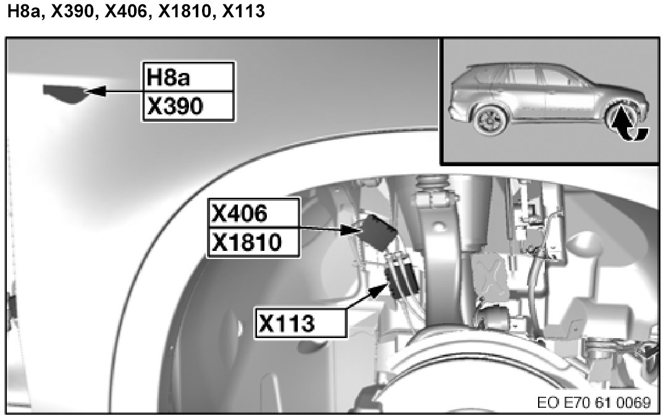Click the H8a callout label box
(188, 77)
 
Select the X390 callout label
(188, 106)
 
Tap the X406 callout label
(253, 213)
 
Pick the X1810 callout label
(253, 243)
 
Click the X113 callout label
(300, 323)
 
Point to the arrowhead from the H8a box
(96, 91)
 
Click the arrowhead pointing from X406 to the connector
(351, 230)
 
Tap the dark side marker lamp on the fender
(66, 93)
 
